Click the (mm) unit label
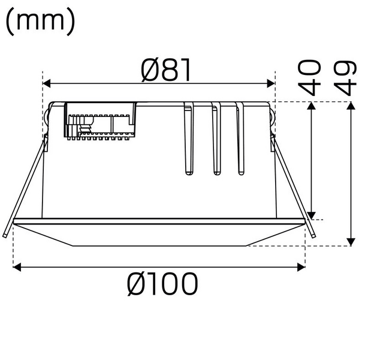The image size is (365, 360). coord(40,22)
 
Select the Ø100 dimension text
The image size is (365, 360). coord(162,284)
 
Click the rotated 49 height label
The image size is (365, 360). coord(347,77)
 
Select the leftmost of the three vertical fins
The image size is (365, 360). coord(189,141)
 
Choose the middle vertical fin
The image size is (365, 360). coord(216,141)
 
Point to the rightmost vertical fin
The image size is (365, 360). coord(241,141)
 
